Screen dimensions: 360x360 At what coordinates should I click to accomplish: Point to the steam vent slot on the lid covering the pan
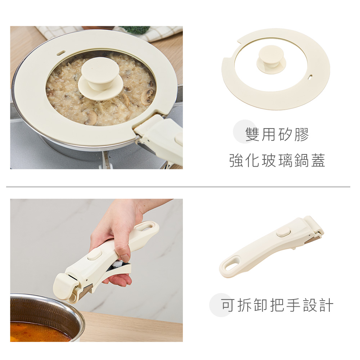pyautogui.click(x=61, y=53)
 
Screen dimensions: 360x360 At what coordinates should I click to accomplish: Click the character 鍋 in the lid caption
pyautogui.click(x=301, y=160)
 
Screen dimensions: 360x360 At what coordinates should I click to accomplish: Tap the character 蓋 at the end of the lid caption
pyautogui.click(x=318, y=160)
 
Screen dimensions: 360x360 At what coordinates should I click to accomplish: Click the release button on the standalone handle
pyautogui.click(x=284, y=233)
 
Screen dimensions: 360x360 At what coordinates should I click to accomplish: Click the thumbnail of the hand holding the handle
pyautogui.click(x=96, y=270)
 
